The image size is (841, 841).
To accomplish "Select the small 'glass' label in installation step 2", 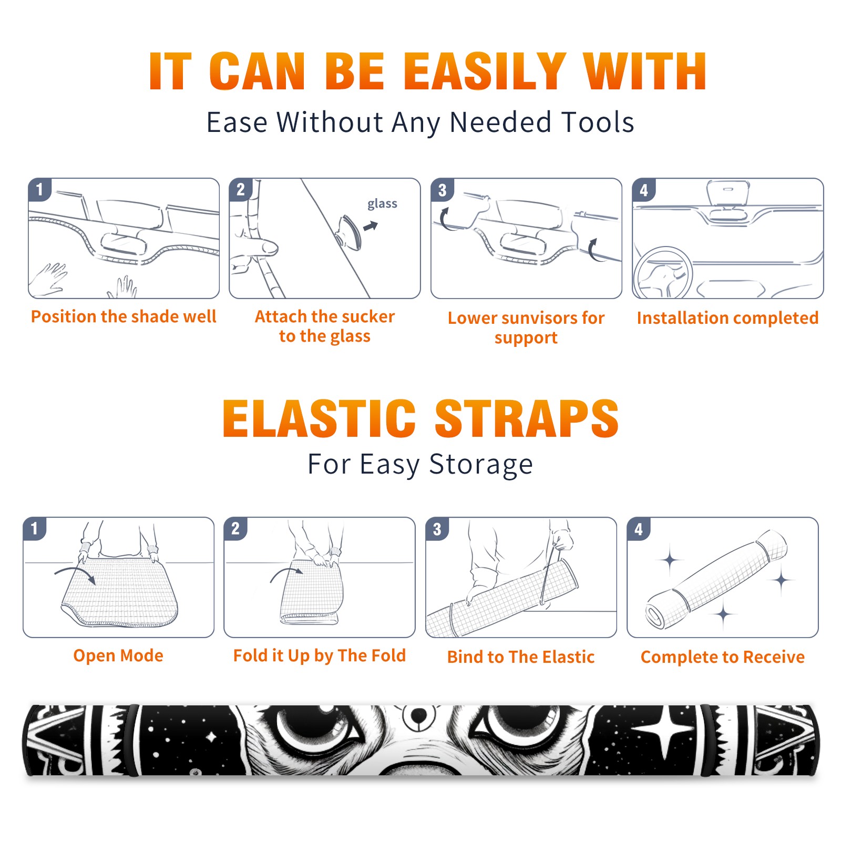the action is pyautogui.click(x=382, y=204).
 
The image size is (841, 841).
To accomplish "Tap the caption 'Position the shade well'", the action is pyautogui.click(x=124, y=316).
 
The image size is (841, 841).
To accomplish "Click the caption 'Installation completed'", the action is pyautogui.click(x=727, y=318).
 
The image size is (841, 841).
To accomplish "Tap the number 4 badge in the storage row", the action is pyautogui.click(x=638, y=529).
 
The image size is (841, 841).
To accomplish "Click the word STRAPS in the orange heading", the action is pyautogui.click(x=527, y=418).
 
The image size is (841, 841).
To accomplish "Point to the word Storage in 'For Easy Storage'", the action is pyautogui.click(x=481, y=465).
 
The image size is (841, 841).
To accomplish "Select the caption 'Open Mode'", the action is pyautogui.click(x=118, y=655).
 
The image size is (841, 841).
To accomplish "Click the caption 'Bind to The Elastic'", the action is pyautogui.click(x=521, y=657).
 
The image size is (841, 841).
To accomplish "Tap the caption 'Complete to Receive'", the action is pyautogui.click(x=723, y=657).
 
